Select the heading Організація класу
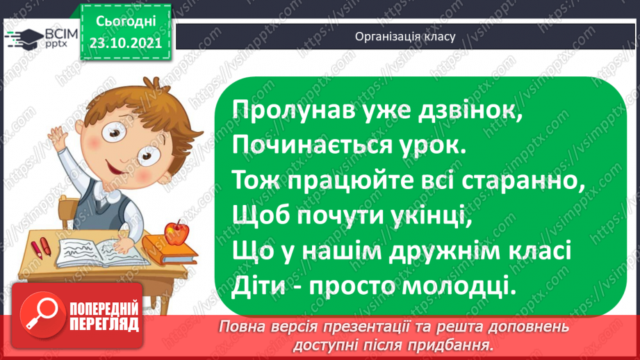[x=405, y=37]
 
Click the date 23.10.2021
[x=125, y=41]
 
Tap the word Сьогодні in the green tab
[x=125, y=21]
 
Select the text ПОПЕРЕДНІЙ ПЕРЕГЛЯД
[x=104, y=316]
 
